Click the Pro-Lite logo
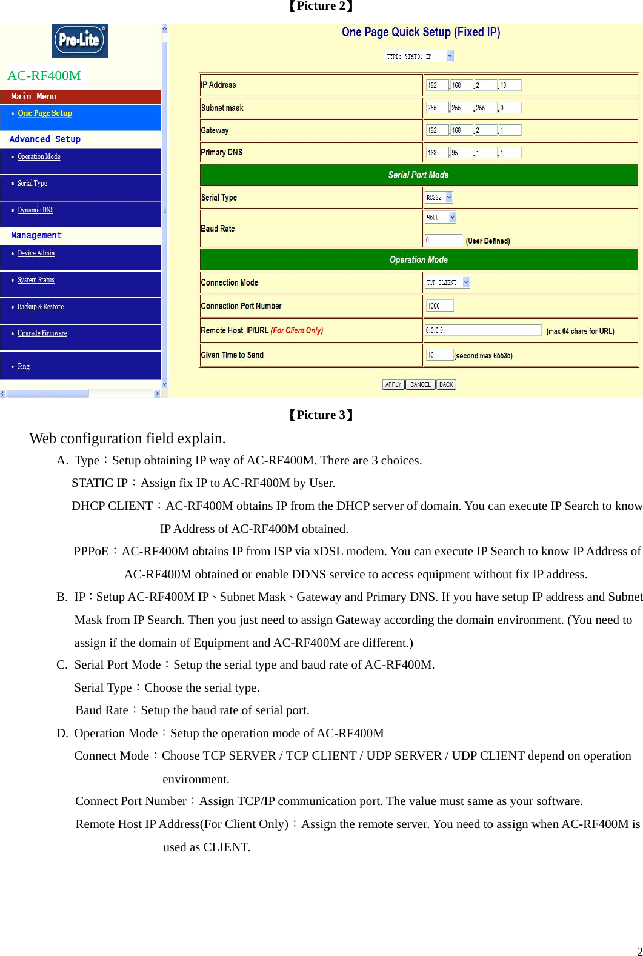pyautogui.click(x=79, y=40)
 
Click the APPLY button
pyautogui.click(x=393, y=384)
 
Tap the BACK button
pyautogui.click(x=446, y=384)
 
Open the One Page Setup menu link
pyautogui.click(x=45, y=113)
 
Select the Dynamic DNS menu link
pyautogui.click(x=35, y=210)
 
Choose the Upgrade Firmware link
pyautogui.click(x=42, y=333)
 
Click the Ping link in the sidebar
pyautogui.click(x=24, y=366)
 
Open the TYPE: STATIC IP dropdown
pyautogui.click(x=419, y=56)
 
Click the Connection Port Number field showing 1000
pyautogui.click(x=439, y=306)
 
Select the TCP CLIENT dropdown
pyautogui.click(x=447, y=282)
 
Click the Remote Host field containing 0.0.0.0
pyautogui.click(x=482, y=330)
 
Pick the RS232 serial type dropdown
pyautogui.click(x=439, y=198)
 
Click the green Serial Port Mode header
pyautogui.click(x=418, y=175)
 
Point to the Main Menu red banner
pyautogui.click(x=80, y=96)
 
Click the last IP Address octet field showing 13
pyautogui.click(x=510, y=85)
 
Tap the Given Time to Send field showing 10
pyautogui.click(x=439, y=355)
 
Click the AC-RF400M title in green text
pyautogui.click(x=44, y=76)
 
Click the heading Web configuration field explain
pyautogui.click(x=127, y=438)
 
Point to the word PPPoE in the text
pyautogui.click(x=91, y=552)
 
